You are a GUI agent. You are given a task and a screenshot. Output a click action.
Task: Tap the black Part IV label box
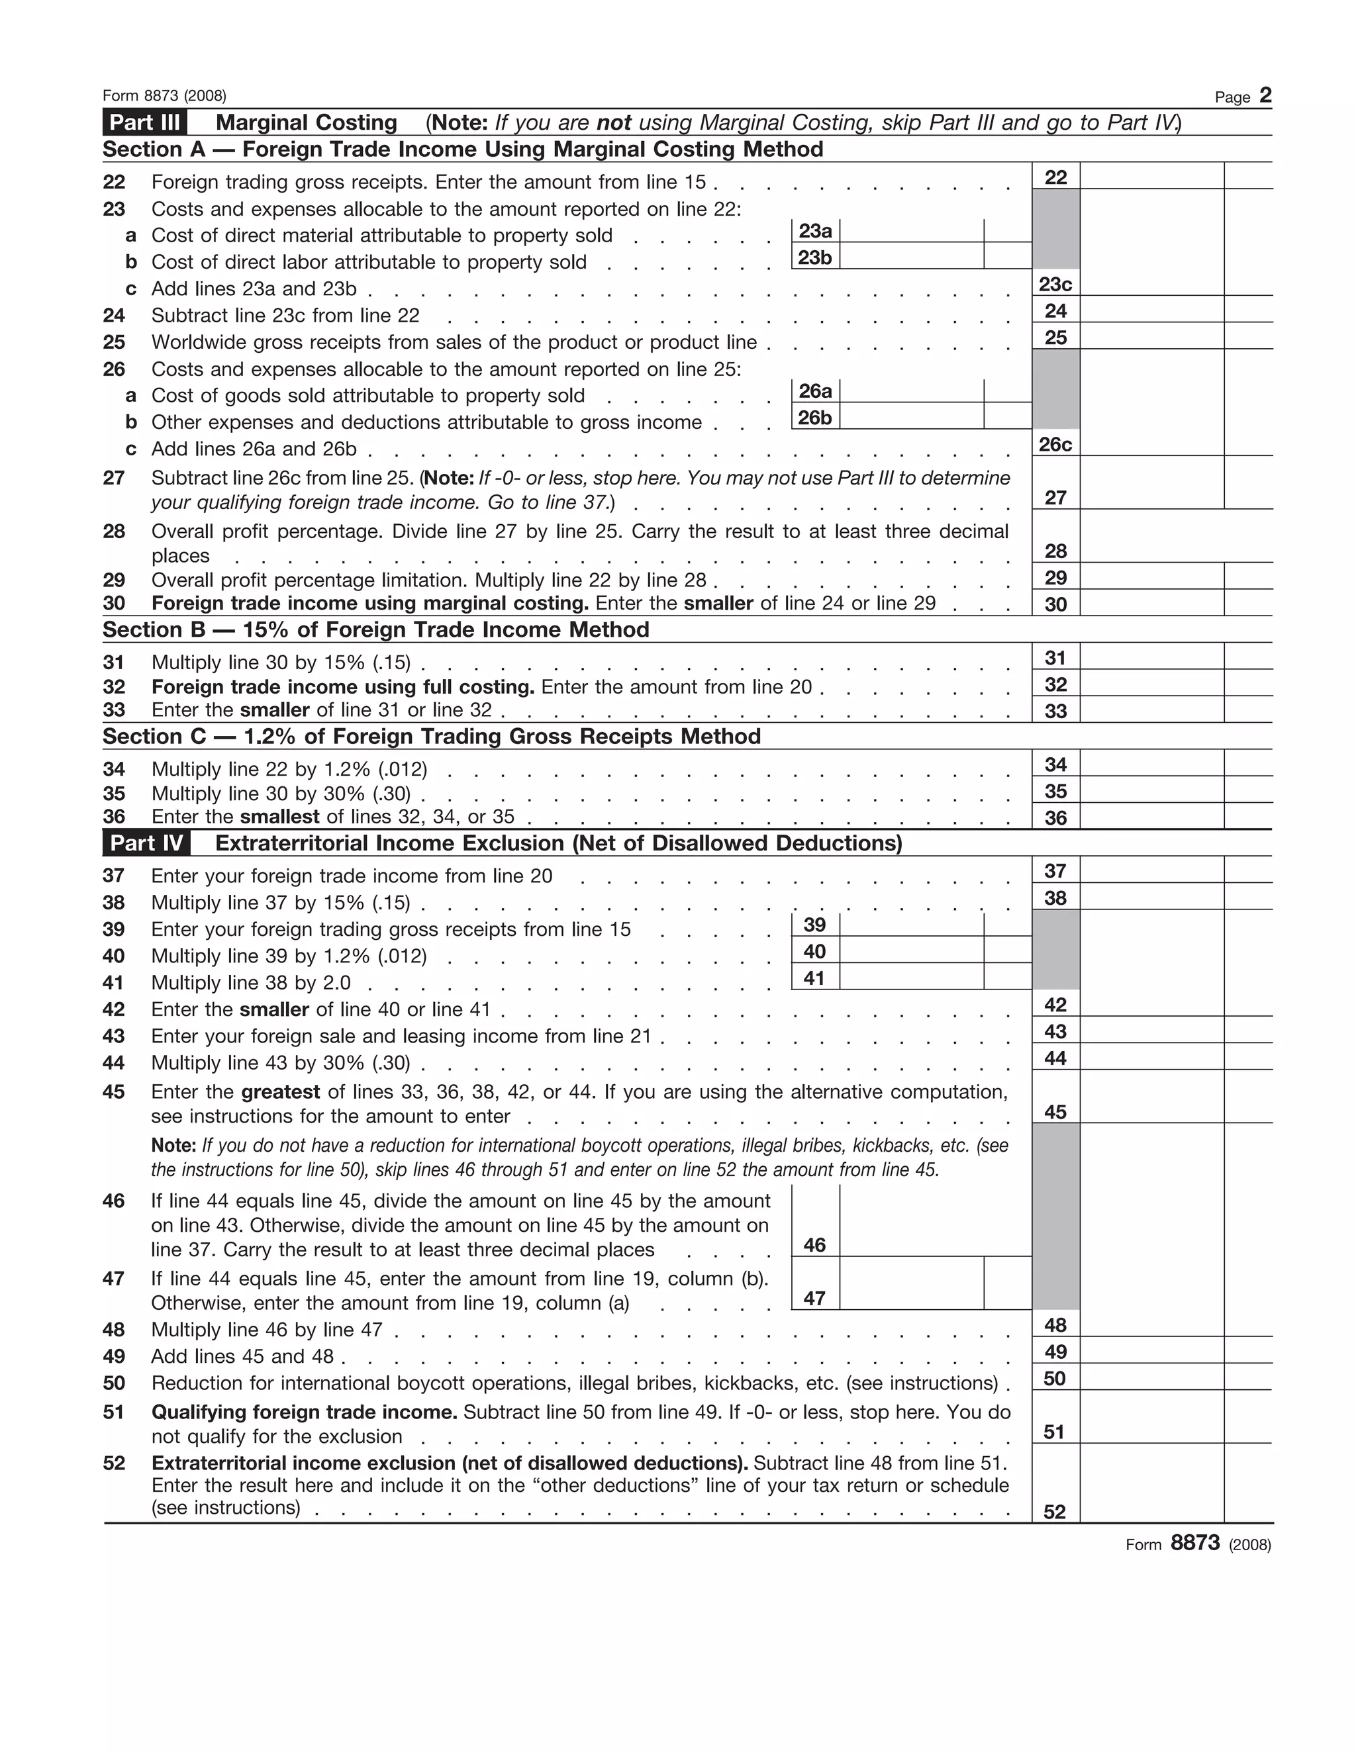point(146,843)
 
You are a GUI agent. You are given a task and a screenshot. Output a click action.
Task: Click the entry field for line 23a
point(911,231)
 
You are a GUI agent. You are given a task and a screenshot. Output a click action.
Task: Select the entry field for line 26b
point(911,417)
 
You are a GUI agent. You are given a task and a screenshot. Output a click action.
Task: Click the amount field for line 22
point(1152,177)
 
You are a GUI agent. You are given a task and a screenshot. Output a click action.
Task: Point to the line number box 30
point(1055,604)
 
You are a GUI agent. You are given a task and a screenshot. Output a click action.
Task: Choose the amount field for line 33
point(1152,710)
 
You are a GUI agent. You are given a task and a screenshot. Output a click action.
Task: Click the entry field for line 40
point(911,951)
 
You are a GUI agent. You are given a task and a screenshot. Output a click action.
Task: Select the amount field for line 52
point(1152,1484)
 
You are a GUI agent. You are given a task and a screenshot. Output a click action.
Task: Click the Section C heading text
point(432,737)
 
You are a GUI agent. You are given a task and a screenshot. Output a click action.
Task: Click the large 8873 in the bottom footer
point(1194,1543)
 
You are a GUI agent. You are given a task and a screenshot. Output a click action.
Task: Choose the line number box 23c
point(1055,285)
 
